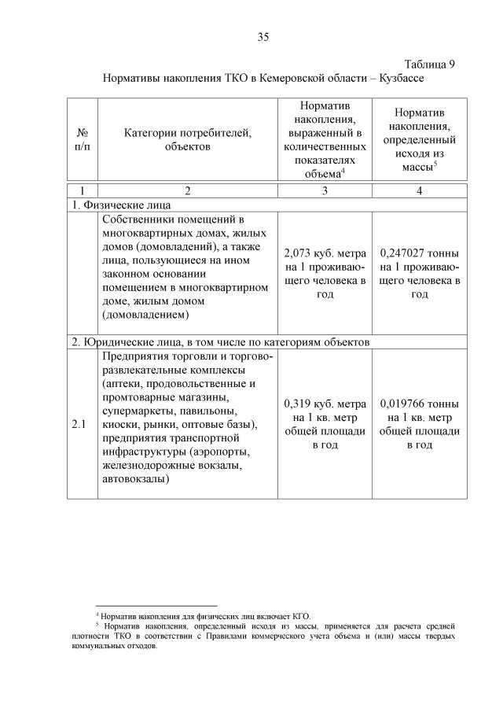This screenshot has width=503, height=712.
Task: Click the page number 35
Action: [x=263, y=36]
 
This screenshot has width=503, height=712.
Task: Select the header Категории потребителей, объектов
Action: [x=188, y=140]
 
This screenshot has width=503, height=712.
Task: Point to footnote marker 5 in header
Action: [x=435, y=164]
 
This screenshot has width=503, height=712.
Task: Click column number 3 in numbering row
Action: [x=325, y=190]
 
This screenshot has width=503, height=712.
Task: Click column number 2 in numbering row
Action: [x=188, y=190]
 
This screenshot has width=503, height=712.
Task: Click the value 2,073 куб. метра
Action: [x=325, y=253]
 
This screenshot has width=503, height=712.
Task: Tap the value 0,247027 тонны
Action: [x=420, y=253]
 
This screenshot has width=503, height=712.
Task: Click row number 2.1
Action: [x=79, y=425]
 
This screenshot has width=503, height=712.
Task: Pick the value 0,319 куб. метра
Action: [x=325, y=404]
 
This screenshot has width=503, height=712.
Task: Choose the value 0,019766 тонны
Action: [x=420, y=404]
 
